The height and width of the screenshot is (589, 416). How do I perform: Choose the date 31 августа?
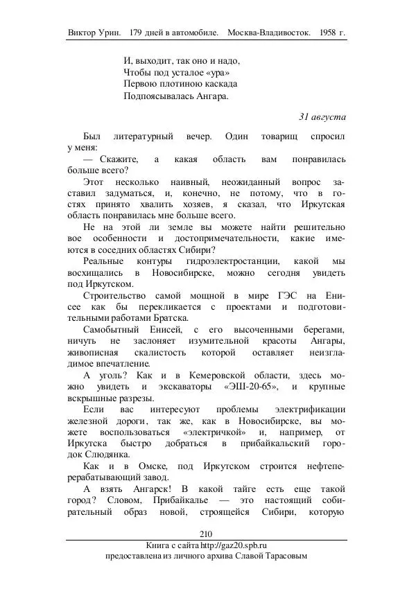[x=322, y=116]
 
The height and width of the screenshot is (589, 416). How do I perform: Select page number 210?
[x=206, y=533]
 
